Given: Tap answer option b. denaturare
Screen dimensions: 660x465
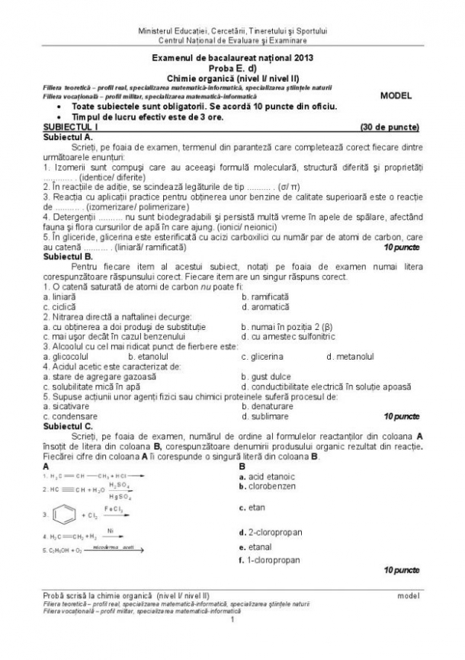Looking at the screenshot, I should pos(267,406).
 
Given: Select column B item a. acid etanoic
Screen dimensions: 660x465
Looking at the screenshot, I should pos(267,476).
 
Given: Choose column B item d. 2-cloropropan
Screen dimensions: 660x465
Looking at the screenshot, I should pos(271,532).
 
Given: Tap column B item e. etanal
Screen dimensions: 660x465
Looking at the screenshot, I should pos(258,546).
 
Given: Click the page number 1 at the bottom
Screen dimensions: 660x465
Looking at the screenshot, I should pos(232,618).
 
